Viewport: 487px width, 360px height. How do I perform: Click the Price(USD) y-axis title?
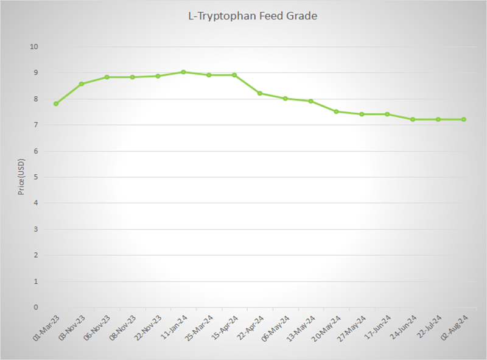click(x=21, y=177)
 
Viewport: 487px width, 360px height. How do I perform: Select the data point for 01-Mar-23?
click(x=56, y=104)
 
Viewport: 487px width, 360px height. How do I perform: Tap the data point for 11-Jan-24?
click(x=183, y=72)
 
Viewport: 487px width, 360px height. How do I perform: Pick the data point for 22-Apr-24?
click(x=260, y=93)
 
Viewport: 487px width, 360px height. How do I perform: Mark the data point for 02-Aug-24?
click(x=464, y=119)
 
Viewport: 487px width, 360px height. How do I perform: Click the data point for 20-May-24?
click(x=336, y=111)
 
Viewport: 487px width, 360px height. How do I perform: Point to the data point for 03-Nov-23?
click(x=82, y=83)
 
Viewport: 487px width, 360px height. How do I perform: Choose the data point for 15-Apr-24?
click(x=234, y=75)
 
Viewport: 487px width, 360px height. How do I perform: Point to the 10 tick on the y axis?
click(x=34, y=47)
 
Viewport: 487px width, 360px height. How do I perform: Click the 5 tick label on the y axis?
click(x=36, y=177)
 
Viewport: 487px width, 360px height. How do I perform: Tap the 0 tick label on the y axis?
click(x=36, y=308)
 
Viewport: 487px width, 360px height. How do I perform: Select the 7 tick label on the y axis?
click(x=36, y=125)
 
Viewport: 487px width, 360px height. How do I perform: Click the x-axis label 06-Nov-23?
click(x=97, y=328)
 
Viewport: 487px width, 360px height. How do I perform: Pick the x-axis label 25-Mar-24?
click(x=199, y=328)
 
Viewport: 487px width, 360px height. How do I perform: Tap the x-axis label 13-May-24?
click(x=301, y=328)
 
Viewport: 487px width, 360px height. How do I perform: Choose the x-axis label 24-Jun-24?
click(x=403, y=328)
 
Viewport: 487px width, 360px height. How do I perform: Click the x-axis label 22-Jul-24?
click(x=429, y=328)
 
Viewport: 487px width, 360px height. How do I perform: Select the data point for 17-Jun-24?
click(x=387, y=114)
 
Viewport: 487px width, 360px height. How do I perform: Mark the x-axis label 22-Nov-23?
click(x=148, y=328)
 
